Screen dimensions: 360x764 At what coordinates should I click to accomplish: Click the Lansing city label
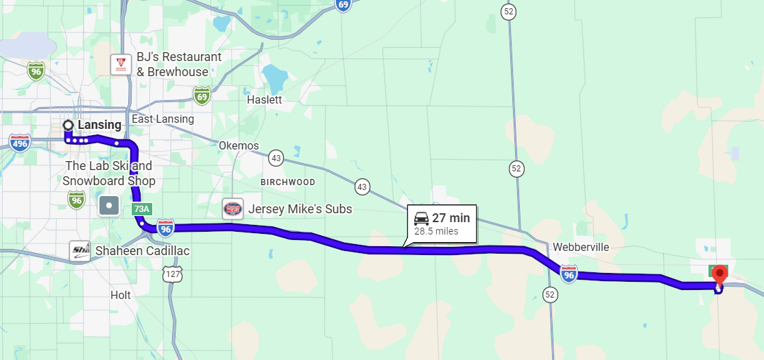point(99,125)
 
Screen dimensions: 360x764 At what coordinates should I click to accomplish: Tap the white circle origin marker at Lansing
point(68,125)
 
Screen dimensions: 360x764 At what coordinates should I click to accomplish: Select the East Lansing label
point(163,119)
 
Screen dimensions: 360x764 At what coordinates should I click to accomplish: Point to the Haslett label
point(264,99)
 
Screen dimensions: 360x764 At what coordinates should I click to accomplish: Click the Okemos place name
point(239,145)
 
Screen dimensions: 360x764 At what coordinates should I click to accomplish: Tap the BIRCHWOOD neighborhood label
point(288,182)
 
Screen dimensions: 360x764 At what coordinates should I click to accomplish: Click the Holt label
point(121,295)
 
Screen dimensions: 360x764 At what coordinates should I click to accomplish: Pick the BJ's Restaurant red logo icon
point(121,64)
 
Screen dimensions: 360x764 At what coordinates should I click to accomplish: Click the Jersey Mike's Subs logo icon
point(233,209)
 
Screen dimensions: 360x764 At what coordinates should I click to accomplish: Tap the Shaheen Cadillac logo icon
point(81,251)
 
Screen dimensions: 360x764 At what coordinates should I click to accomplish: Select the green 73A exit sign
point(141,208)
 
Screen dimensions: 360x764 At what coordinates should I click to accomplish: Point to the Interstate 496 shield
point(20,143)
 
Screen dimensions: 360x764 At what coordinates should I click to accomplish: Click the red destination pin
point(719,275)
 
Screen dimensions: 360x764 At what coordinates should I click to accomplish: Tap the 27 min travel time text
point(451,218)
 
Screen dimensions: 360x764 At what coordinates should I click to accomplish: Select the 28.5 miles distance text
point(436,232)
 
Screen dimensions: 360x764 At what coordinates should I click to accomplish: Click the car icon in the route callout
point(422,219)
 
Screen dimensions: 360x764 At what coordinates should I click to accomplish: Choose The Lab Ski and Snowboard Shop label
point(109,173)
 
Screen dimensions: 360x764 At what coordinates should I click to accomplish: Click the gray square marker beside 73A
point(109,205)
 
